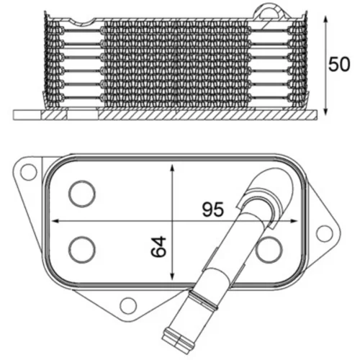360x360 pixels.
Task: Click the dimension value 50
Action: pyautogui.click(x=339, y=64)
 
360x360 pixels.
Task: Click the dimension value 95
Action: pyautogui.click(x=213, y=209)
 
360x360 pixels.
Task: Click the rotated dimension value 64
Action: pyautogui.click(x=158, y=247)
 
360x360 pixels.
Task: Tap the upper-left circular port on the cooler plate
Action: pyautogui.click(x=82, y=194)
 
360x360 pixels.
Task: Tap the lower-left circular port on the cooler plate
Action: pyautogui.click(x=82, y=250)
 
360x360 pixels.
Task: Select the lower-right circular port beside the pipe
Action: pyautogui.click(x=269, y=250)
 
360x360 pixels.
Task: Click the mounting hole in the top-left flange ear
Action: pyautogui.click(x=29, y=172)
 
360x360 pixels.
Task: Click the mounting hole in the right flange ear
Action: pyautogui.click(x=325, y=233)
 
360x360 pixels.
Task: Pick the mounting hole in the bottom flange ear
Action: pyautogui.click(x=128, y=305)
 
